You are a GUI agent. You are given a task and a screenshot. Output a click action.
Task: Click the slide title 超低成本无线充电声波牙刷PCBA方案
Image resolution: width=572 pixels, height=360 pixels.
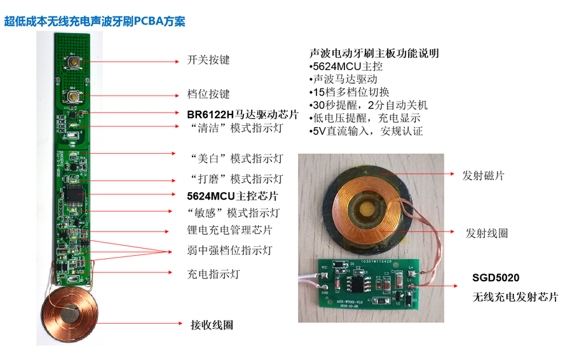(x=95, y=21)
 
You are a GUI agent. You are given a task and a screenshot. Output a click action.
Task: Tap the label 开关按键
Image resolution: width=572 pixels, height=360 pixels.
(x=208, y=60)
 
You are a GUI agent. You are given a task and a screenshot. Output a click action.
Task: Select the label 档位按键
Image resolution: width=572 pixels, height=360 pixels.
(x=208, y=93)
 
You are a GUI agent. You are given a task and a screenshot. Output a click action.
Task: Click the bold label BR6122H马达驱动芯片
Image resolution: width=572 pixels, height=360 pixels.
(x=242, y=114)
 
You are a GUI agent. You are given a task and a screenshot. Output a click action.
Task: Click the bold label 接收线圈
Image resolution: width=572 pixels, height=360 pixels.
(x=212, y=325)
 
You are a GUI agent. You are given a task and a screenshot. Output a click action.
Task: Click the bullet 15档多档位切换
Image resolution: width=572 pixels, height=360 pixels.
(x=353, y=92)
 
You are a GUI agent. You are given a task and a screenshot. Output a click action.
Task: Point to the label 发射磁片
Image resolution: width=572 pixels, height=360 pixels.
(x=485, y=175)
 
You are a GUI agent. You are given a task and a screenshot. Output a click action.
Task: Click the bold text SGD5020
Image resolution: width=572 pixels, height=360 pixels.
(x=496, y=278)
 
